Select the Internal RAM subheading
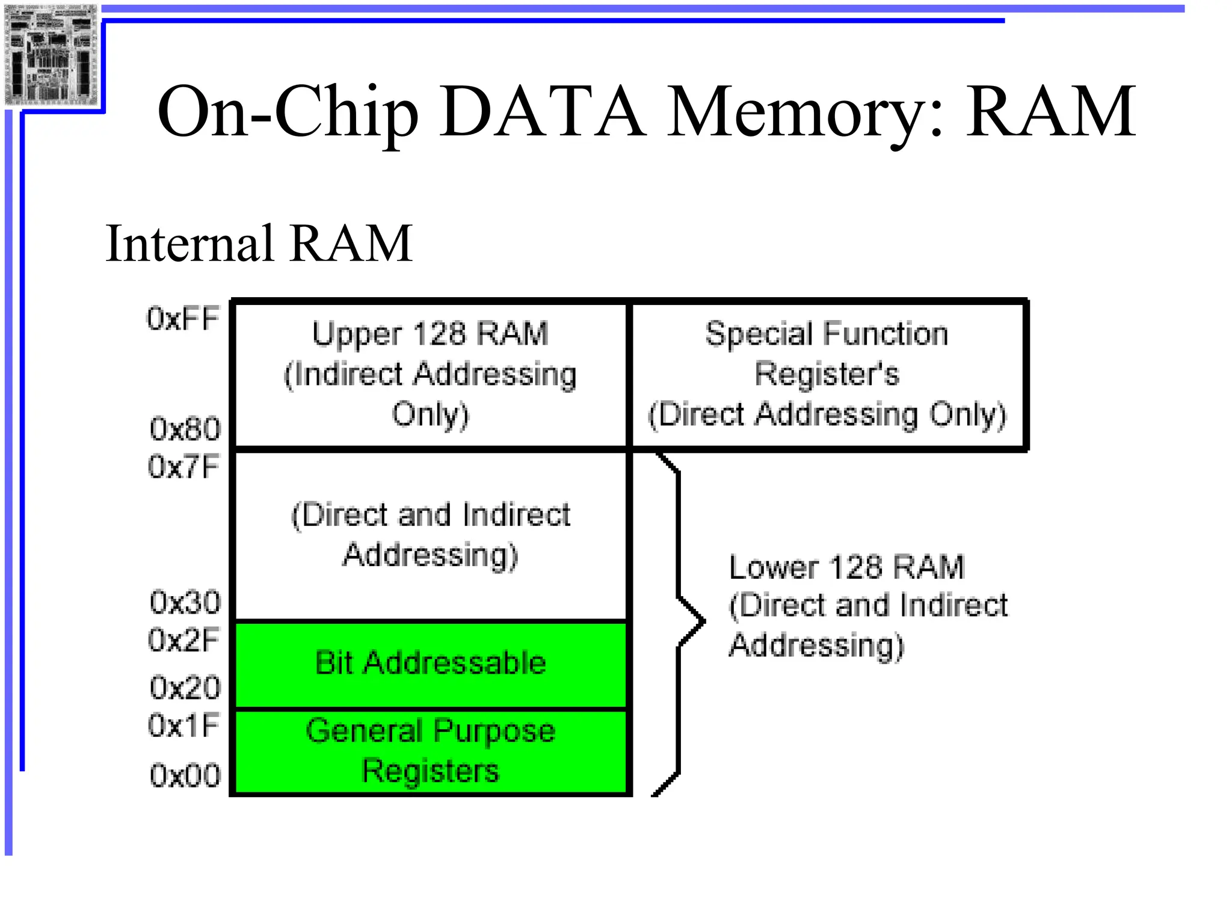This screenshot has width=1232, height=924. [259, 244]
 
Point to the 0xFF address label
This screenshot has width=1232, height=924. [183, 318]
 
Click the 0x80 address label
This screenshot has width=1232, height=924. [185, 429]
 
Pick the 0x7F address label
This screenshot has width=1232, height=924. [183, 467]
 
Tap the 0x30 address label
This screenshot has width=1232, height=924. [185, 602]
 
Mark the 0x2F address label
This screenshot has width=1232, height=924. [183, 640]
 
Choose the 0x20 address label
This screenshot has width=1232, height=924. [185, 687]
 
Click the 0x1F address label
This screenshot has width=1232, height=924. [183, 725]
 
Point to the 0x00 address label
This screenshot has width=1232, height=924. [185, 775]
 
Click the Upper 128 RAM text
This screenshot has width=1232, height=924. [430, 334]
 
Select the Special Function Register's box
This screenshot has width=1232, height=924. [827, 374]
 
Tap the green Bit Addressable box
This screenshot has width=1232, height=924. [430, 664]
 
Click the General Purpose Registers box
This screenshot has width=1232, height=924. [430, 751]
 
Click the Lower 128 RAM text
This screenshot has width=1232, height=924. [846, 567]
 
